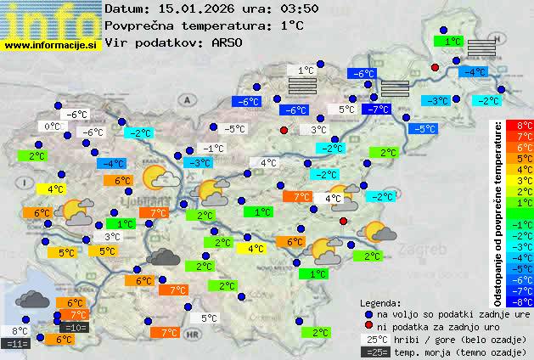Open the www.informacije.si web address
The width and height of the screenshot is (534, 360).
pyautogui.click(x=51, y=45)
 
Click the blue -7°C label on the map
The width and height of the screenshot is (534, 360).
pyautogui.click(x=374, y=110)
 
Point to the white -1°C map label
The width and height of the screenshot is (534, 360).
pyautogui.click(x=212, y=149)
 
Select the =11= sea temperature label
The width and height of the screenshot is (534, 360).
pyautogui.click(x=17, y=343)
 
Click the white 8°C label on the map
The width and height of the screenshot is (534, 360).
pyautogui.click(x=20, y=331)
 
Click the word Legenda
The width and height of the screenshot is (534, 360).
pyautogui.click(x=380, y=302)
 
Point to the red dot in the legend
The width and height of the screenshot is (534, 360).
pyautogui.click(x=368, y=326)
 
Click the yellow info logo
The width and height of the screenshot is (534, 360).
pyautogui.click(x=51, y=20)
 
